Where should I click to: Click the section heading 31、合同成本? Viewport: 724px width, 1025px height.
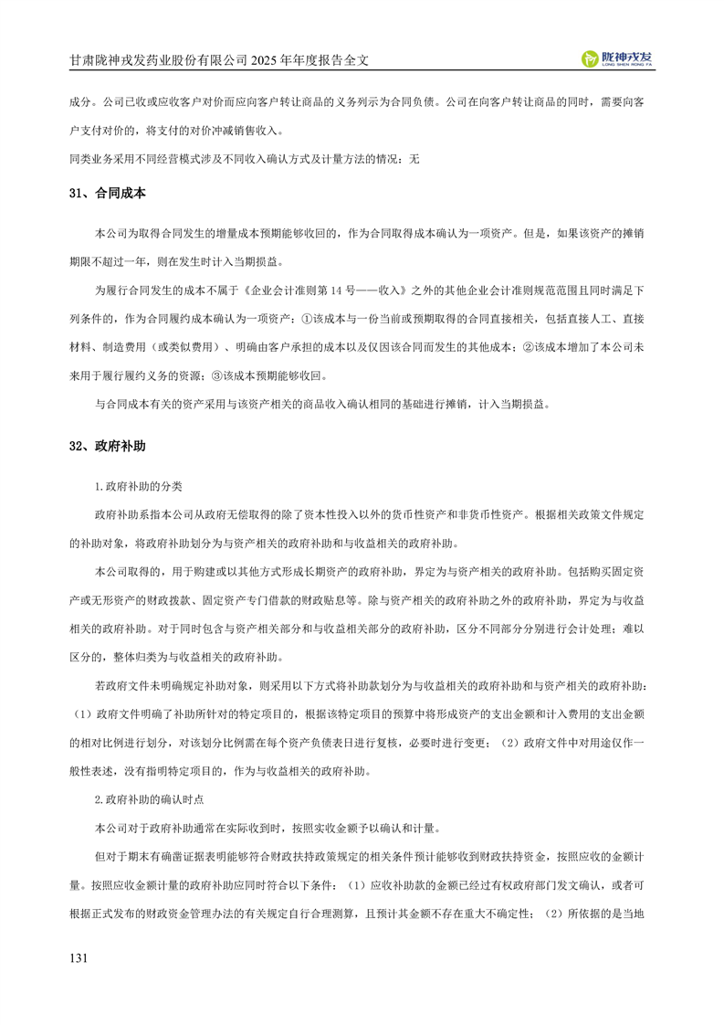107,195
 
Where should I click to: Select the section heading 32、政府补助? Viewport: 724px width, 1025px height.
107,447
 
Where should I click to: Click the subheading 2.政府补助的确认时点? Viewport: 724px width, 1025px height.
149,799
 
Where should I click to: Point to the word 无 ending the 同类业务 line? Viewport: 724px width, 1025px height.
414,158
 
